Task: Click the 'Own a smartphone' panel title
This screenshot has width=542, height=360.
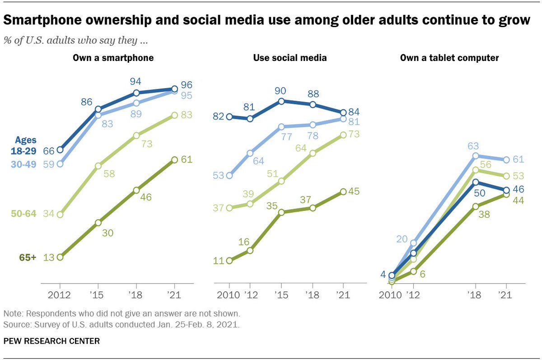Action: (113, 58)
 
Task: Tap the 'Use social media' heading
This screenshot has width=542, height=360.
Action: (290, 58)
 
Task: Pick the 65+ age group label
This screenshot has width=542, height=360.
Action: (28, 257)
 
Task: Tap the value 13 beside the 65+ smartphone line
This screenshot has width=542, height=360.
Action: (48, 257)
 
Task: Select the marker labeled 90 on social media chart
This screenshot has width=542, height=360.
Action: (281, 101)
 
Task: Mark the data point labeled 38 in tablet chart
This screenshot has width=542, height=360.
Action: (476, 206)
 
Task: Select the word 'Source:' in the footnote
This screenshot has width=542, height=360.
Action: (16, 324)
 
